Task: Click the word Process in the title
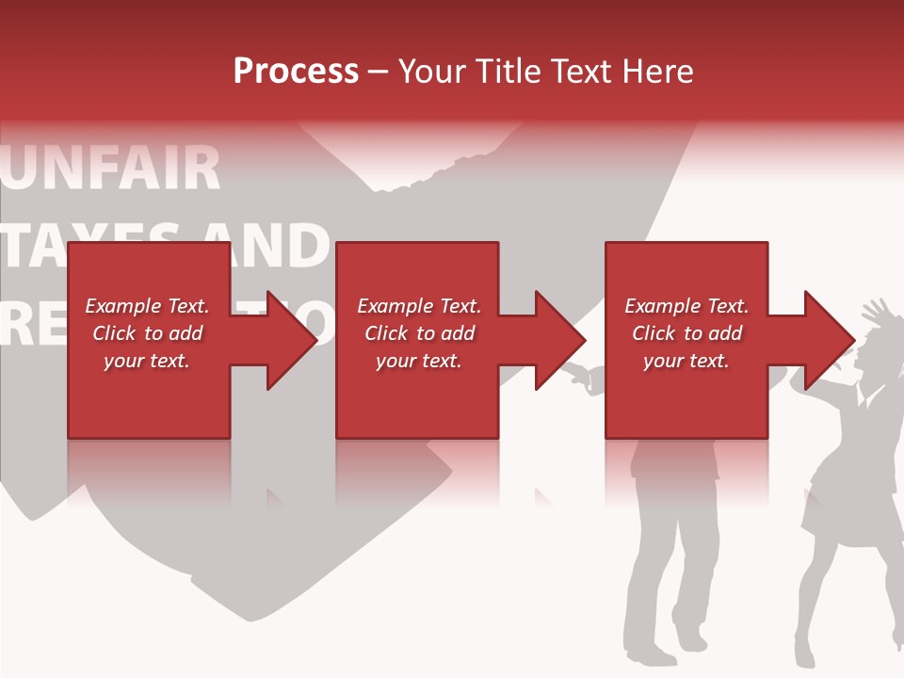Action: [296, 72]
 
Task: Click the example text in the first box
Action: [147, 333]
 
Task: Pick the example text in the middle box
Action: [418, 333]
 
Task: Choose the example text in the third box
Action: [686, 333]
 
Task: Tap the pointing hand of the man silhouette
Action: [576, 374]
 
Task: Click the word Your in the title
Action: [432, 72]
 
